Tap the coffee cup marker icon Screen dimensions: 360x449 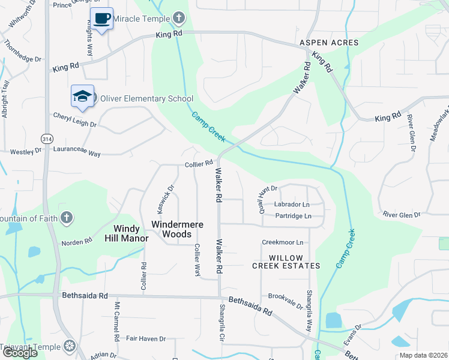pyautogui.click(x=101, y=19)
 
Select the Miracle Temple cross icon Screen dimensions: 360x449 pyautogui.click(x=178, y=17)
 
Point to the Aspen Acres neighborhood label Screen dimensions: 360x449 pyautogui.click(x=329, y=43)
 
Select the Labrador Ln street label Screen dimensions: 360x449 pyautogui.click(x=292, y=205)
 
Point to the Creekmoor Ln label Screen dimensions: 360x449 pyautogui.click(x=283, y=242)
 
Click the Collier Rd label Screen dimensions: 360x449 pyautogui.click(x=199, y=163)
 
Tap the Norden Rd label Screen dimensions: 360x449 pyautogui.click(x=77, y=241)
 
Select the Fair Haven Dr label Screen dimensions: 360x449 pyautogui.click(x=146, y=339)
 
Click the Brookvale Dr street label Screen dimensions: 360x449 pyautogui.click(x=286, y=301)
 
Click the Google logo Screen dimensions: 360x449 pyautogui.click(x=19, y=353)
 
